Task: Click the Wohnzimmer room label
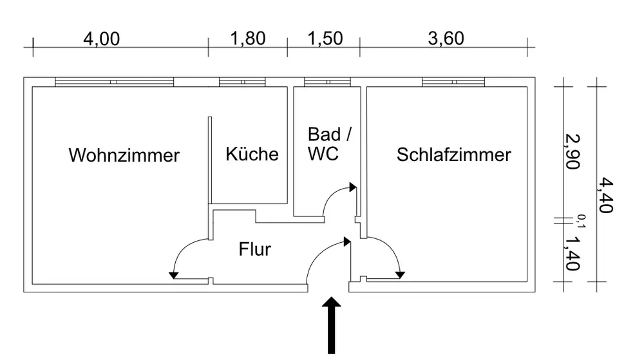pyautogui.click(x=124, y=155)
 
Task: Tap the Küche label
pyautogui.click(x=252, y=154)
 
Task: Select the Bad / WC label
pyautogui.click(x=329, y=144)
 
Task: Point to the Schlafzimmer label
pyautogui.click(x=454, y=155)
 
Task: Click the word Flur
pyautogui.click(x=254, y=249)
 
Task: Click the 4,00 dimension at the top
pyautogui.click(x=102, y=39)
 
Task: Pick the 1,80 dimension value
pyautogui.click(x=248, y=39)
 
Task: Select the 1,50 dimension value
pyautogui.click(x=325, y=39)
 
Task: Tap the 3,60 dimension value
pyautogui.click(x=446, y=39)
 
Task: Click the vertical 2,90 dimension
pyautogui.click(x=572, y=151)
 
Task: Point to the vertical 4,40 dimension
pyautogui.click(x=605, y=195)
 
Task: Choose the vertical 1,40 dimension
pyautogui.click(x=572, y=254)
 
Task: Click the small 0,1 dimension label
pyautogui.click(x=582, y=221)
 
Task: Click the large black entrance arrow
pyautogui.click(x=331, y=325)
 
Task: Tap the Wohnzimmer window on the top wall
pyautogui.click(x=114, y=82)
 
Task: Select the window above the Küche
pyautogui.click(x=242, y=82)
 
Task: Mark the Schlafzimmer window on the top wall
pyautogui.click(x=453, y=82)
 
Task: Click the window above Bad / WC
pyautogui.click(x=327, y=82)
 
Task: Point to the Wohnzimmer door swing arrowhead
pyautogui.click(x=174, y=276)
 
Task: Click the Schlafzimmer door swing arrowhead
pyautogui.click(x=400, y=275)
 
